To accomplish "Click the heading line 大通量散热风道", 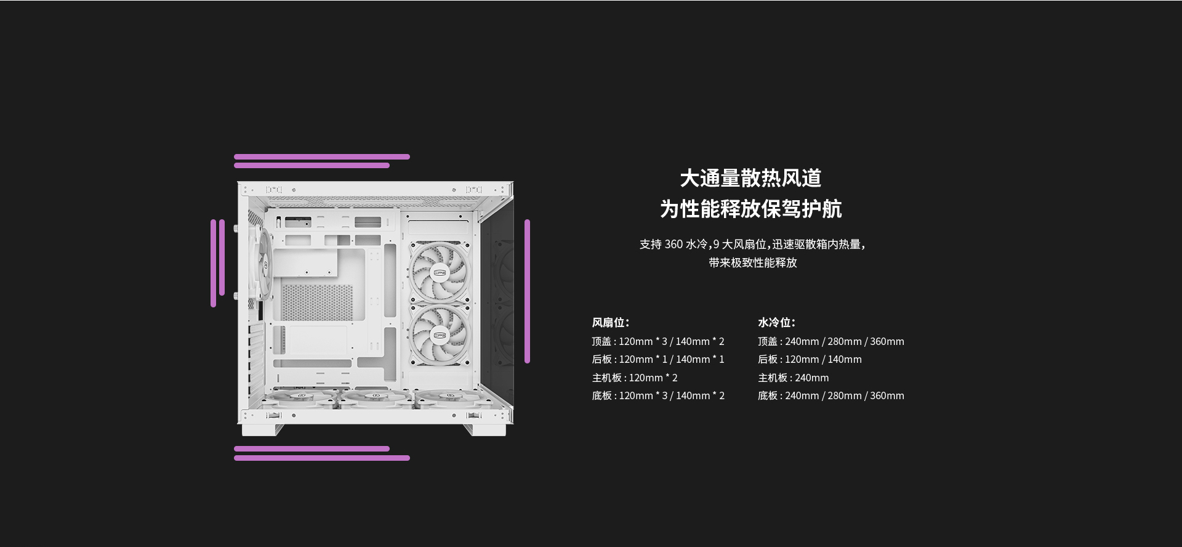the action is coord(750,178).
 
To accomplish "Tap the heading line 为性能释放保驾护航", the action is coord(750,209).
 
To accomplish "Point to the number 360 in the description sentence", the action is coord(673,245).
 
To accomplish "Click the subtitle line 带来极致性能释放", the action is coord(753,262).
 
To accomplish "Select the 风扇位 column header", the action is coord(611,322).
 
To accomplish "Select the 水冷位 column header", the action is coord(777,322).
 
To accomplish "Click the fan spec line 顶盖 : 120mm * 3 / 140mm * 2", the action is coord(658,341).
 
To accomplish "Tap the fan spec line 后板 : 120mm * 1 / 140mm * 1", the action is coord(658,359).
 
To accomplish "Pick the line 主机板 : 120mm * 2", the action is coord(635,378).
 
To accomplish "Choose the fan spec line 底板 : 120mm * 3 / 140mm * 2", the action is coord(658,395).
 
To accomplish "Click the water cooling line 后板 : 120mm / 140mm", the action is coord(810,359).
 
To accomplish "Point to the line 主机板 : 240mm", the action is coord(794,378).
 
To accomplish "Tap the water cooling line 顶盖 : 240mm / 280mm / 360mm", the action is coord(831,341).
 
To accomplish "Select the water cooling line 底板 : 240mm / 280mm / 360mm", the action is coord(831,395).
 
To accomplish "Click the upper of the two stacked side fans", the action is coord(440,272).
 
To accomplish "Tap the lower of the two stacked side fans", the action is coord(440,336).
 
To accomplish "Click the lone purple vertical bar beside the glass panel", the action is coord(527,291).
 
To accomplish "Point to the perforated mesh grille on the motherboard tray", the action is coord(318,302).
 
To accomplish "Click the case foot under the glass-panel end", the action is coord(484,429).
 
